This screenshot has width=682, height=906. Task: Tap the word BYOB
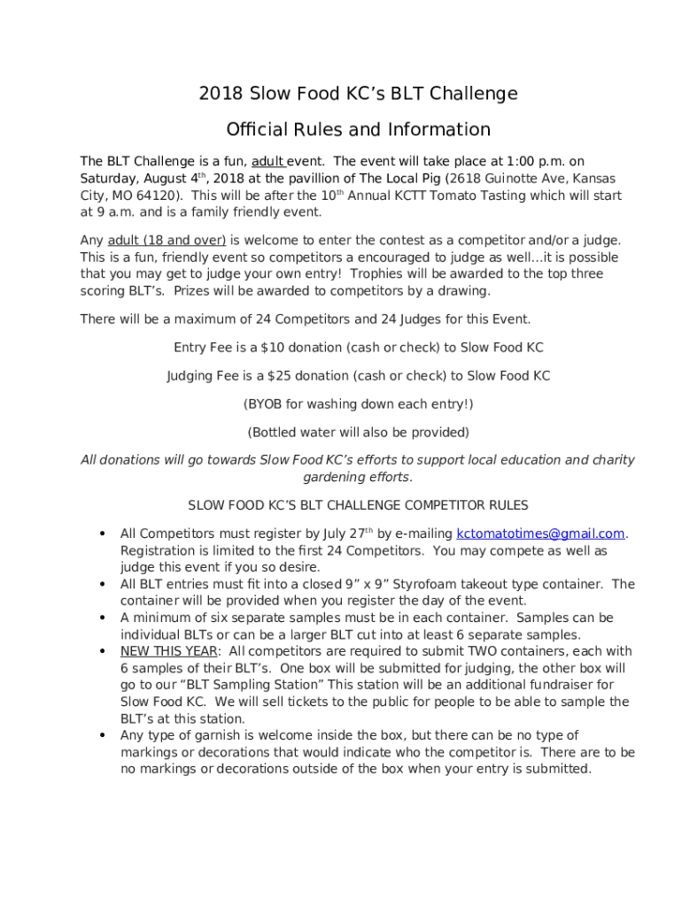pos(265,404)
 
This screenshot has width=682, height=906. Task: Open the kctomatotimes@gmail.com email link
pos(540,534)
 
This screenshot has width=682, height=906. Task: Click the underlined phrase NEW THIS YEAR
pos(169,651)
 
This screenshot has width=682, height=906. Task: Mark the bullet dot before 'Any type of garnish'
pos(103,735)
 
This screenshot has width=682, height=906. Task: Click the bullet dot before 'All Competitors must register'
pos(103,534)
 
